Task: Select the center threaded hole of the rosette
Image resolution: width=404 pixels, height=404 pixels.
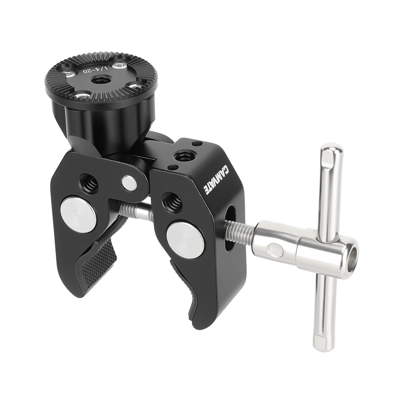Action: point(98,80)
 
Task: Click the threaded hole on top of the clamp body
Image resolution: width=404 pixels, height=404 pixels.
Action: point(185,156)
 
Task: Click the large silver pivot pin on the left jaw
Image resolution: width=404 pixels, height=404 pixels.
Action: point(78,214)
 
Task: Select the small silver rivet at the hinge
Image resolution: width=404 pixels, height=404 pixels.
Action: point(129,183)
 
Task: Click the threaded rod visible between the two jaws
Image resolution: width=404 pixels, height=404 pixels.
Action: point(135,211)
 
